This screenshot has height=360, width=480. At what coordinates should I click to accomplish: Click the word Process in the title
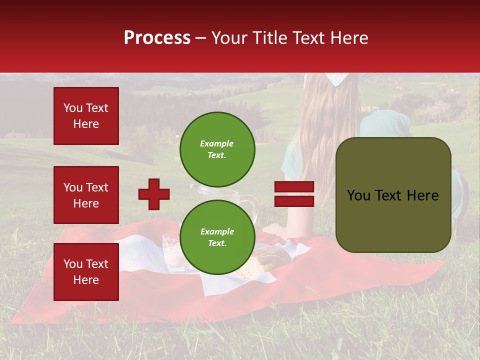157,38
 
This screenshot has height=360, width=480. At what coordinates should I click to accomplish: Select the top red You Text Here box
86,116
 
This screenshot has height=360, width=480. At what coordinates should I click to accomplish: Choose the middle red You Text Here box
86,195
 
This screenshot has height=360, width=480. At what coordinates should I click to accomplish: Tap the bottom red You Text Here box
86,271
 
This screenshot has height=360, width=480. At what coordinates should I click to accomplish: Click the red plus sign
154,194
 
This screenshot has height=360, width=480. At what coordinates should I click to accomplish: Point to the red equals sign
294,194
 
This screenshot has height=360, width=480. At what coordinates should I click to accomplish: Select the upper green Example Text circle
217,149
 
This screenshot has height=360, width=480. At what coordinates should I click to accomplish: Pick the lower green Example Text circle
217,237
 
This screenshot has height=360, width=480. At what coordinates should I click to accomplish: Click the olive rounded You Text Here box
393,195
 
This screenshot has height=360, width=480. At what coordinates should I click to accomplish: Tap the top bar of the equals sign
294,187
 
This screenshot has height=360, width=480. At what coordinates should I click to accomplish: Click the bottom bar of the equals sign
294,201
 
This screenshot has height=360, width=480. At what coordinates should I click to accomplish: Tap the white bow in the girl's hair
336,78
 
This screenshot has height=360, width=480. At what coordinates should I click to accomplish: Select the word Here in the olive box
422,195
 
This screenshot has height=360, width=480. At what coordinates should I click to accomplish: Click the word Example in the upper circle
217,143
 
